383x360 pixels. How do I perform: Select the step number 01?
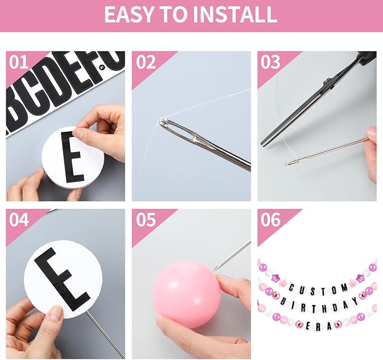[19, 63]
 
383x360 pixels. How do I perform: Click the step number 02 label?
[146, 63]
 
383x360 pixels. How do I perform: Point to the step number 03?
[270, 63]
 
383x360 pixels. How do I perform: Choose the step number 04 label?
[19, 220]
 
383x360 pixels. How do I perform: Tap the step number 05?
[146, 220]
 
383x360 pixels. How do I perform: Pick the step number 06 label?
[270, 220]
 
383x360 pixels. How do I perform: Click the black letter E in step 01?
[72, 157]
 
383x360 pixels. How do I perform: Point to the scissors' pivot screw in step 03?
[327, 82]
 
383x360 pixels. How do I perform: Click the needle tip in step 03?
[285, 165]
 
